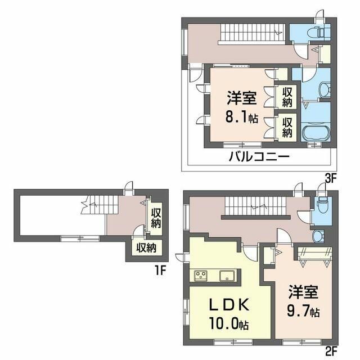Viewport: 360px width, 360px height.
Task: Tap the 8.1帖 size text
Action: (x=242, y=119)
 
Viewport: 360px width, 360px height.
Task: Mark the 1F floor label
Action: (x=160, y=269)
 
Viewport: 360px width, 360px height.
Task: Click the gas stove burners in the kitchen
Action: (x=201, y=275)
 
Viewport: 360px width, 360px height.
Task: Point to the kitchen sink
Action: (x=228, y=275)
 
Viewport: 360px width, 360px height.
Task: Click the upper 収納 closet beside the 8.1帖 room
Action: (x=287, y=97)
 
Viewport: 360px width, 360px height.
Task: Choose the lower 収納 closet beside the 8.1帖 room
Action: (x=287, y=127)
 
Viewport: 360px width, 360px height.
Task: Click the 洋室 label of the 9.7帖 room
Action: (x=304, y=293)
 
